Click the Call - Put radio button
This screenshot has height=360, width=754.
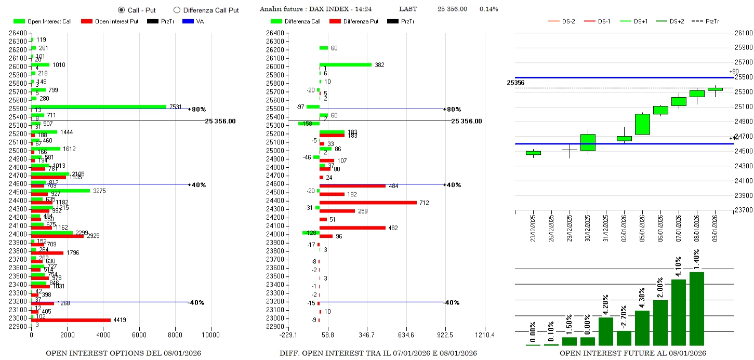pyautogui.click(x=122, y=10)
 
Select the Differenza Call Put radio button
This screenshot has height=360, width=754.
pyautogui.click(x=177, y=10)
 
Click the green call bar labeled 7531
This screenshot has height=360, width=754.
pyautogui.click(x=99, y=106)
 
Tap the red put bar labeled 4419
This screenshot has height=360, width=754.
pyautogui.click(x=71, y=320)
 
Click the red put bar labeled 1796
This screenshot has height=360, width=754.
pyautogui.click(x=47, y=253)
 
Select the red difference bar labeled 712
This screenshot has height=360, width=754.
pyautogui.click(x=368, y=203)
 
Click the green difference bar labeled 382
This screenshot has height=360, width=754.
pyautogui.click(x=346, y=64)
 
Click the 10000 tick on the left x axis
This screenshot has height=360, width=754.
pyautogui.click(x=211, y=335)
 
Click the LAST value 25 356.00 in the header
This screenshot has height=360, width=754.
pyautogui.click(x=452, y=9)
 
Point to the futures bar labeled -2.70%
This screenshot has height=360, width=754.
pyautogui.click(x=624, y=338)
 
